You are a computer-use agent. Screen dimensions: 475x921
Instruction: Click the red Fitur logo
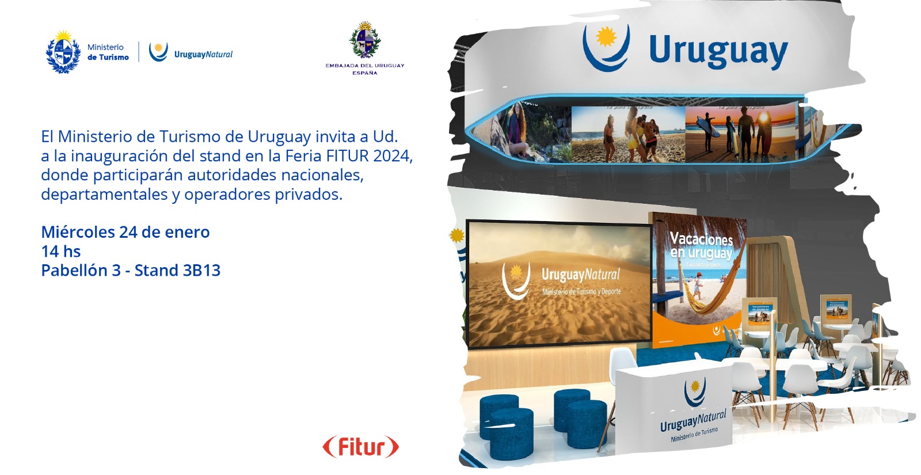pyautogui.click(x=360, y=447)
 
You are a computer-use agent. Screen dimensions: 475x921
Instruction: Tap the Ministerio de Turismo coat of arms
pyautogui.click(x=63, y=52)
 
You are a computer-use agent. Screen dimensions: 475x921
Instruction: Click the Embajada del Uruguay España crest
pyautogui.click(x=364, y=40)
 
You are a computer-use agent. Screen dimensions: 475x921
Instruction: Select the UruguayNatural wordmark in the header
pyautogui.click(x=203, y=55)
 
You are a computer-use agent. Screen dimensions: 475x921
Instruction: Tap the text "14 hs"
pyautogui.click(x=61, y=252)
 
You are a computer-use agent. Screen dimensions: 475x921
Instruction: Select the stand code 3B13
pyautogui.click(x=201, y=271)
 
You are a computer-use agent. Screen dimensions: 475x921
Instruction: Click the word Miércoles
pyautogui.click(x=78, y=232)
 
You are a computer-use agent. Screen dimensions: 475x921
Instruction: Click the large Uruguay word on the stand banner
pyautogui.click(x=718, y=51)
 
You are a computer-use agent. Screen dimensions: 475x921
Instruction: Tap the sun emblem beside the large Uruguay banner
pyautogui.click(x=606, y=38)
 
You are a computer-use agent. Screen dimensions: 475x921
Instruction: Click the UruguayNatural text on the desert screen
pyautogui.click(x=580, y=275)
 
